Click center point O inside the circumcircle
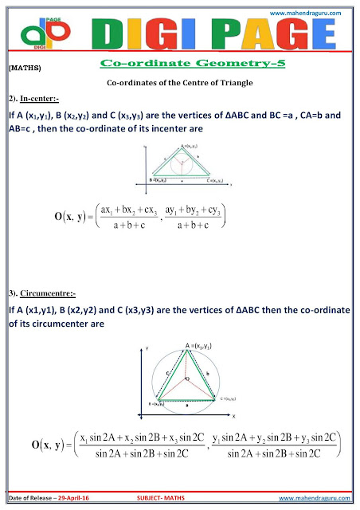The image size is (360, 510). point(184,379)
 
